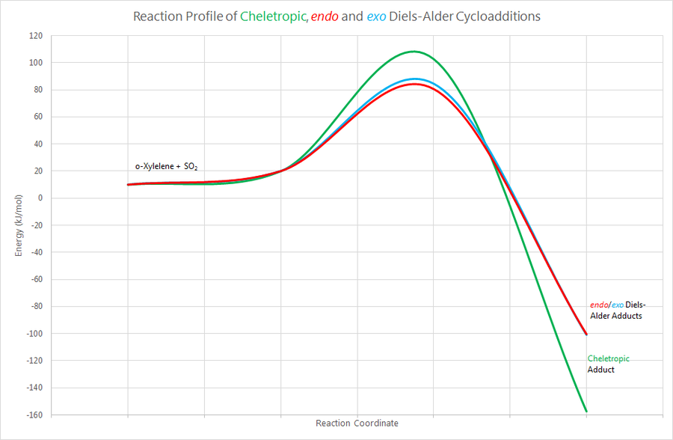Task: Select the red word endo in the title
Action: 327,16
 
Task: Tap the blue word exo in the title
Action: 377,16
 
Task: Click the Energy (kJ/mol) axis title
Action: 19,224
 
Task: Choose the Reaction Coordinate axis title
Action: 357,424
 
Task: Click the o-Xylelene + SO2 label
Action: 166,165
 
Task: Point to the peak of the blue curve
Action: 415,79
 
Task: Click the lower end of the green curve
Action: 586,411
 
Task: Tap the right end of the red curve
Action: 586,334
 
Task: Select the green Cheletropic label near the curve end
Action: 609,358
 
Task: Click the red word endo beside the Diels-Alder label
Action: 599,305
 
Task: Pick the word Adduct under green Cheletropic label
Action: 600,370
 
